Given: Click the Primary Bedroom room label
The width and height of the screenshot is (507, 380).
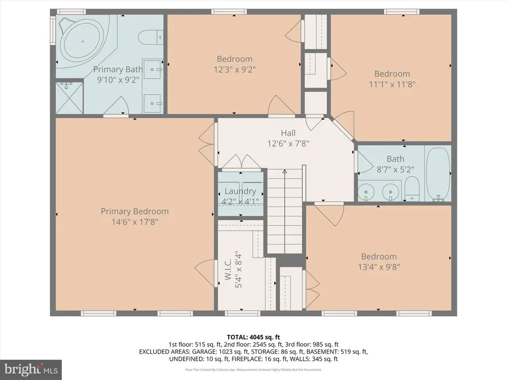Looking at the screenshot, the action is pyautogui.click(x=135, y=211).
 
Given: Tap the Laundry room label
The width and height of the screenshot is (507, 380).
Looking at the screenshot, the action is pyautogui.click(x=240, y=191).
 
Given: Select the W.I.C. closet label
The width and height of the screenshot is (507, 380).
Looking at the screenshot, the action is pyautogui.click(x=228, y=269).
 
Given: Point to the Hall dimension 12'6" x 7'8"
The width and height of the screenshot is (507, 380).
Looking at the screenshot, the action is pyautogui.click(x=288, y=143).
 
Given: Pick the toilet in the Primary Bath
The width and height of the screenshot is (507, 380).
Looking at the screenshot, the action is pyautogui.click(x=152, y=38).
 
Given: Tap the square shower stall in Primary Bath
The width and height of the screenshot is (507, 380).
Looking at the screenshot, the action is pyautogui.click(x=69, y=98).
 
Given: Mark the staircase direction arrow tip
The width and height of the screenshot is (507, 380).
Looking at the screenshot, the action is pyautogui.click(x=285, y=170).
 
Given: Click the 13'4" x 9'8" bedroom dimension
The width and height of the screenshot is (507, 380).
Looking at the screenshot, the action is pyautogui.click(x=379, y=267).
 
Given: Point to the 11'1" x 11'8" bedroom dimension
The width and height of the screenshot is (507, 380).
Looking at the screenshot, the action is pyautogui.click(x=392, y=84).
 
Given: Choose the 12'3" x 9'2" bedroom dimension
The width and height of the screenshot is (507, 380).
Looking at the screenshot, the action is pyautogui.click(x=235, y=69).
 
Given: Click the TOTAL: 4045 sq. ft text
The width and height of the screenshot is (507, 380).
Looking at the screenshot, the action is pyautogui.click(x=253, y=337).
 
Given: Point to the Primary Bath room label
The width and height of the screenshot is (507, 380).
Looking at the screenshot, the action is pyautogui.click(x=118, y=69).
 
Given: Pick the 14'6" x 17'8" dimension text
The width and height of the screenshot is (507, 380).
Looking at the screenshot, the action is pyautogui.click(x=135, y=222).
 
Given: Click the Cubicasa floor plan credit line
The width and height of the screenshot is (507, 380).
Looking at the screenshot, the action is pyautogui.click(x=253, y=369).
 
